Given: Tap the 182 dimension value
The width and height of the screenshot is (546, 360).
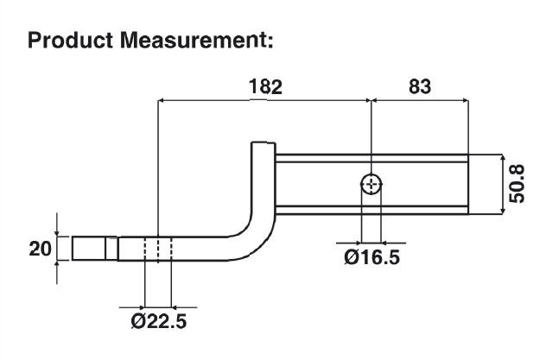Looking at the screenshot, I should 264,86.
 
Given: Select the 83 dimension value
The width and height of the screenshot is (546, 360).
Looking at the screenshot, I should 419,86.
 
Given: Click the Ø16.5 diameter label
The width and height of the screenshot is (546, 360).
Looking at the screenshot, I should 371,257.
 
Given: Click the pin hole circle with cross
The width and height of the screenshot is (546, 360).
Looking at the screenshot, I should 371,184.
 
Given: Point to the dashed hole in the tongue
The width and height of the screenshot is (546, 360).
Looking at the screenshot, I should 157,249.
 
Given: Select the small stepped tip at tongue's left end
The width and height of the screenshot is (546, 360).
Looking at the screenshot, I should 88,249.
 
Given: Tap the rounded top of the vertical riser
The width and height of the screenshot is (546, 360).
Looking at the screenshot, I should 262,148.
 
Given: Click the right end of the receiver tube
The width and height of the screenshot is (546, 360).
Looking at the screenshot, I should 466,184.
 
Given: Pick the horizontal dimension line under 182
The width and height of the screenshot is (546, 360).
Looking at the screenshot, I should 264,101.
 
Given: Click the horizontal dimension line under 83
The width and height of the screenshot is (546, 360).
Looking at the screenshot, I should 419,101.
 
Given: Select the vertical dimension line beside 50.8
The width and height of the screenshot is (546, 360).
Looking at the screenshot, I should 502,185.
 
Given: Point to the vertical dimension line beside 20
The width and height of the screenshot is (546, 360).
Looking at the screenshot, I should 57,249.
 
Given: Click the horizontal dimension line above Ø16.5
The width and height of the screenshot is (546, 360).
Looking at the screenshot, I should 371,241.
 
